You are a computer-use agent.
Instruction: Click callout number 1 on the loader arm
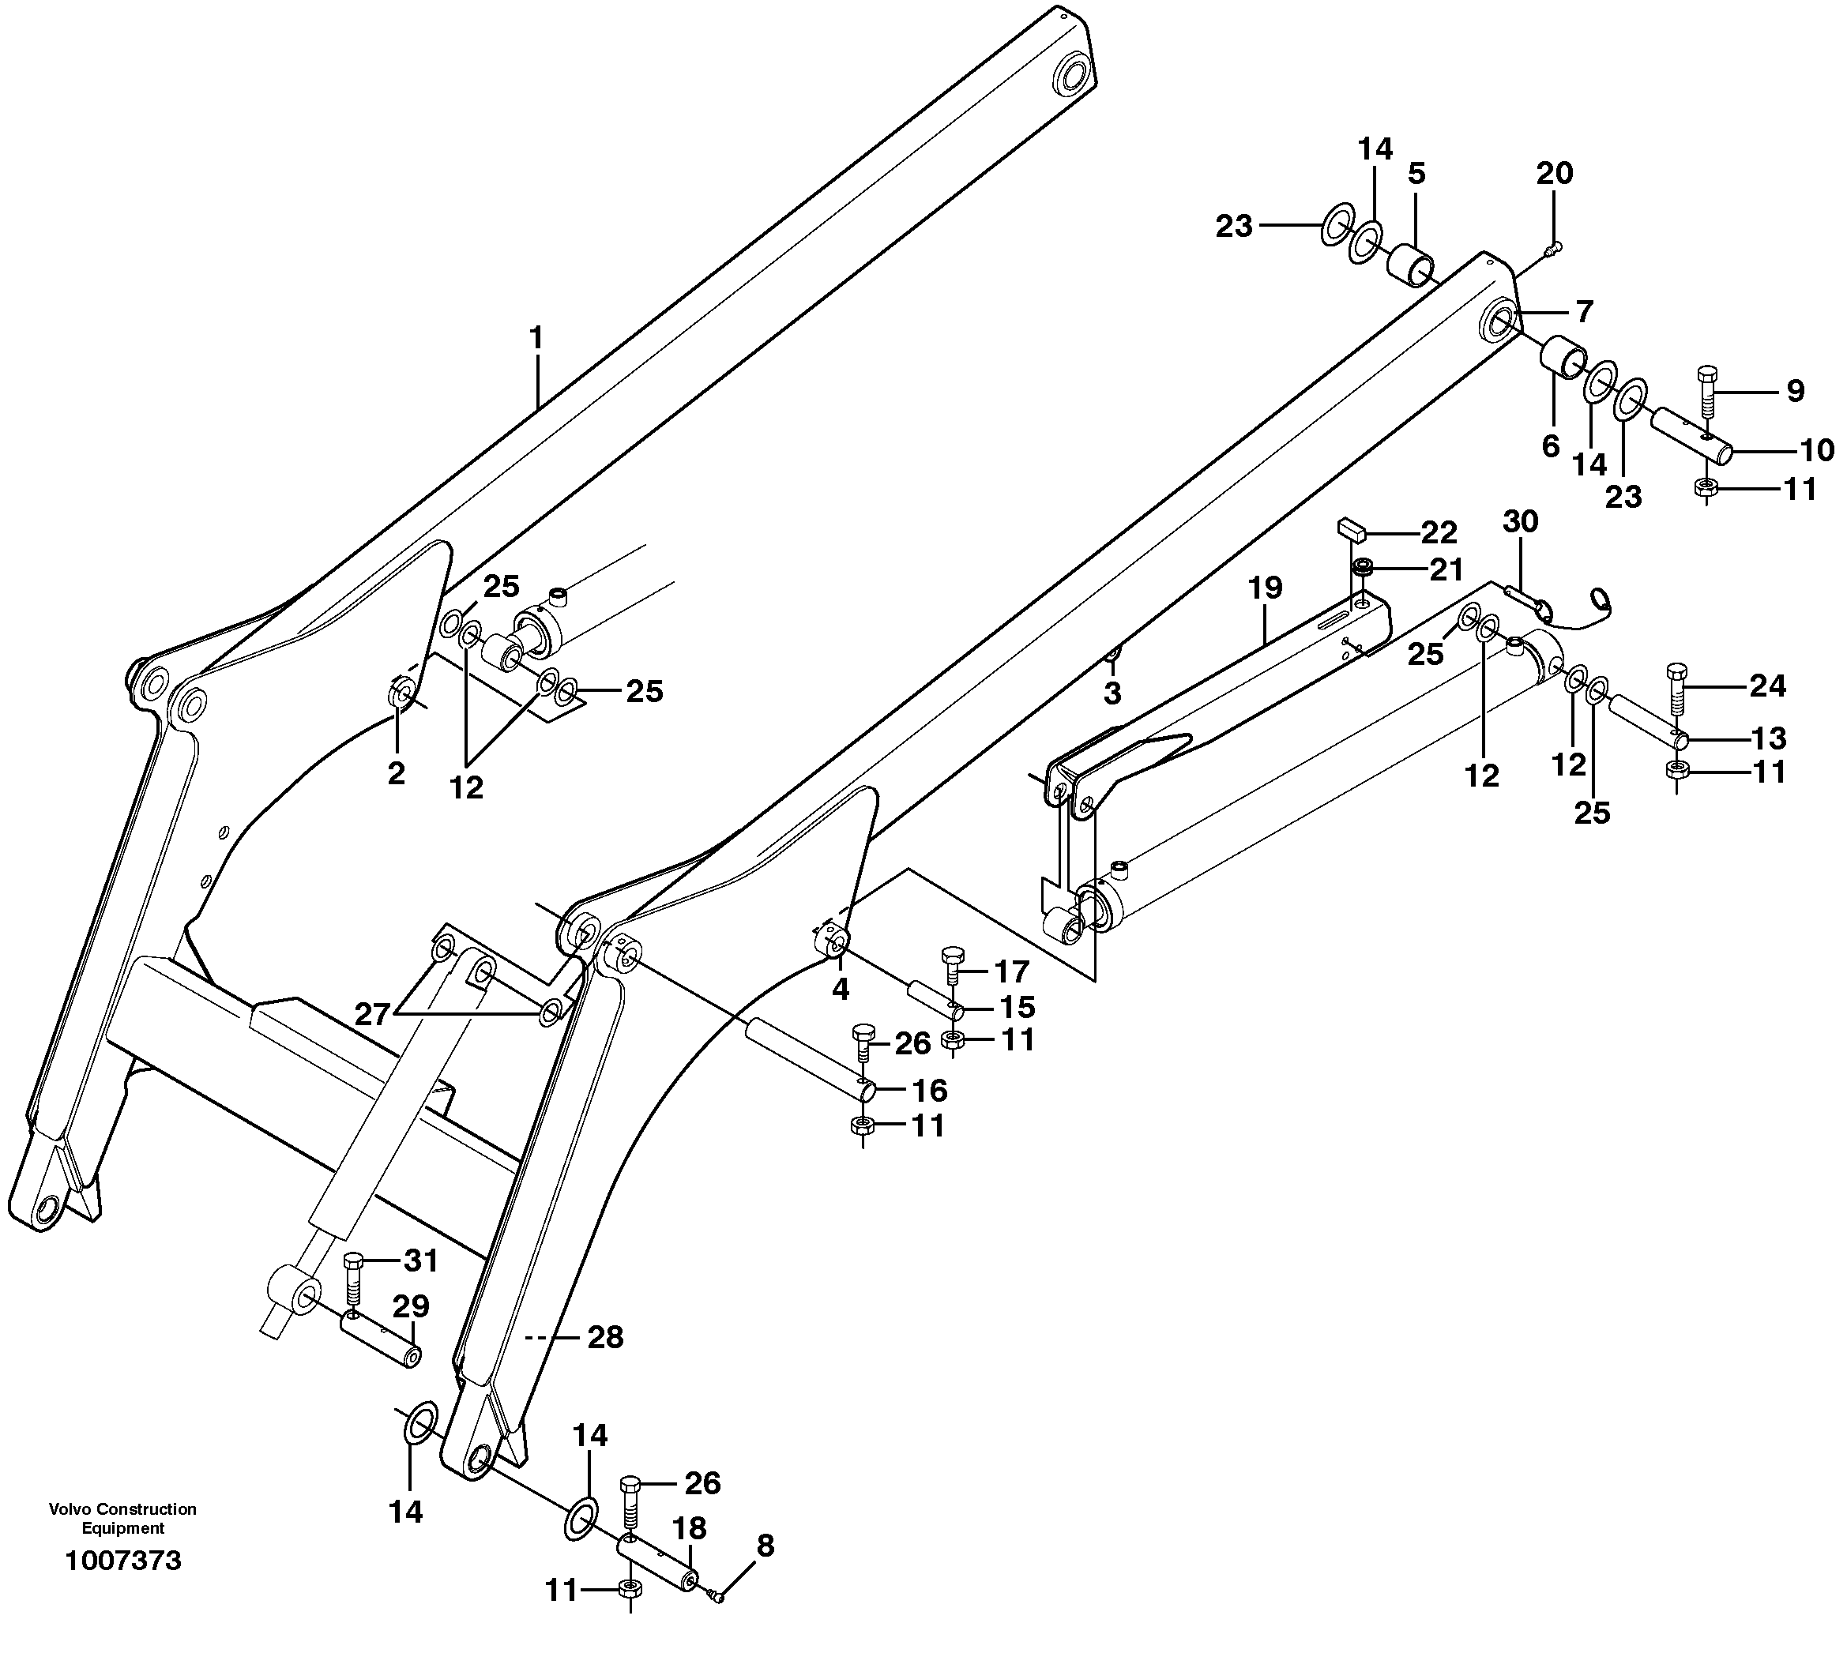tap(536, 338)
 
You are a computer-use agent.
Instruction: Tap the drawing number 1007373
tap(123, 1561)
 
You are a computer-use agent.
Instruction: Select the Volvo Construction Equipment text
tap(122, 1519)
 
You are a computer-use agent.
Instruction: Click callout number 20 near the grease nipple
tap(1555, 172)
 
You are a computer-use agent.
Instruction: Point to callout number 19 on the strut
tap(1265, 588)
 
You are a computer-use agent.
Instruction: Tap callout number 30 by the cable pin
tap(1520, 521)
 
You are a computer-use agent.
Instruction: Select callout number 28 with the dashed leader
tap(605, 1337)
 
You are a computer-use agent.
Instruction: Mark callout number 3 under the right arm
tap(1112, 693)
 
